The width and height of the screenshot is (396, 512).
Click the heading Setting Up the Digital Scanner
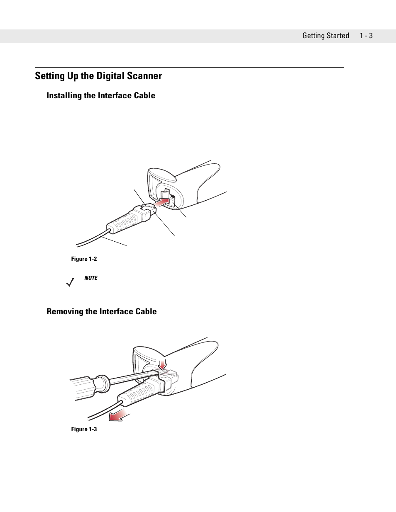pyautogui.click(x=98, y=76)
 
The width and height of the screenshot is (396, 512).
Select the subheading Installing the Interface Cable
pyautogui.click(x=100, y=96)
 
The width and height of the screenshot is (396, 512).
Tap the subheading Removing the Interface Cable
pyautogui.click(x=101, y=312)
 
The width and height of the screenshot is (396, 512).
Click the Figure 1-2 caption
pyautogui.click(x=84, y=259)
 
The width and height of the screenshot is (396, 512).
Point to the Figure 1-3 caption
pyautogui.click(x=84, y=429)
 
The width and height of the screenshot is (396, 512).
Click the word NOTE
pyautogui.click(x=91, y=278)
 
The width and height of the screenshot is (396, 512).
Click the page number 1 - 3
pyautogui.click(x=366, y=36)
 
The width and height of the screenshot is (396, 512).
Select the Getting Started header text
pyautogui.click(x=325, y=36)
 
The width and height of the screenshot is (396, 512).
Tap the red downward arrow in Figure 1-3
pyautogui.click(x=162, y=364)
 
